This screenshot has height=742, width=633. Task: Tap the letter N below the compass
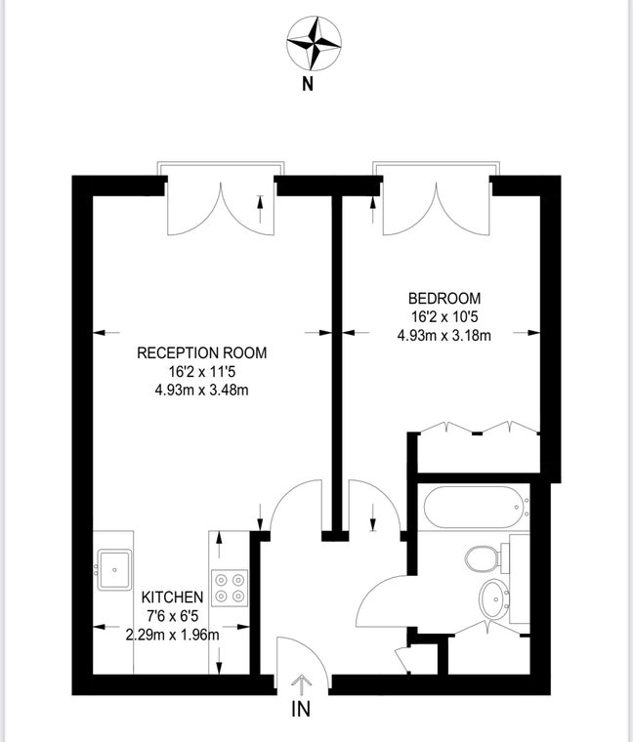pyautogui.click(x=307, y=84)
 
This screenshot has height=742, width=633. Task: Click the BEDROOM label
pyautogui.click(x=444, y=298)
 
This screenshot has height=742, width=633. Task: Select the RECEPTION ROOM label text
pyautogui.click(x=201, y=352)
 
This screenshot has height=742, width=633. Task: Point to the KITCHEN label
pyautogui.click(x=172, y=598)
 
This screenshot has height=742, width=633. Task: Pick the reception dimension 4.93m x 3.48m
pyautogui.click(x=201, y=390)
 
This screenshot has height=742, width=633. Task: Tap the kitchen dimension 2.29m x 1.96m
pyautogui.click(x=172, y=634)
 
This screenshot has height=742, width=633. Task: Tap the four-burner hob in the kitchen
pyautogui.click(x=231, y=586)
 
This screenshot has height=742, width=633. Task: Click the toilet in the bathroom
pyautogui.click(x=484, y=559)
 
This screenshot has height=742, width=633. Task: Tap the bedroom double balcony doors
pyautogui.click(x=435, y=207)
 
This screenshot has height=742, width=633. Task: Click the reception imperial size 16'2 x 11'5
pyautogui.click(x=201, y=371)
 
